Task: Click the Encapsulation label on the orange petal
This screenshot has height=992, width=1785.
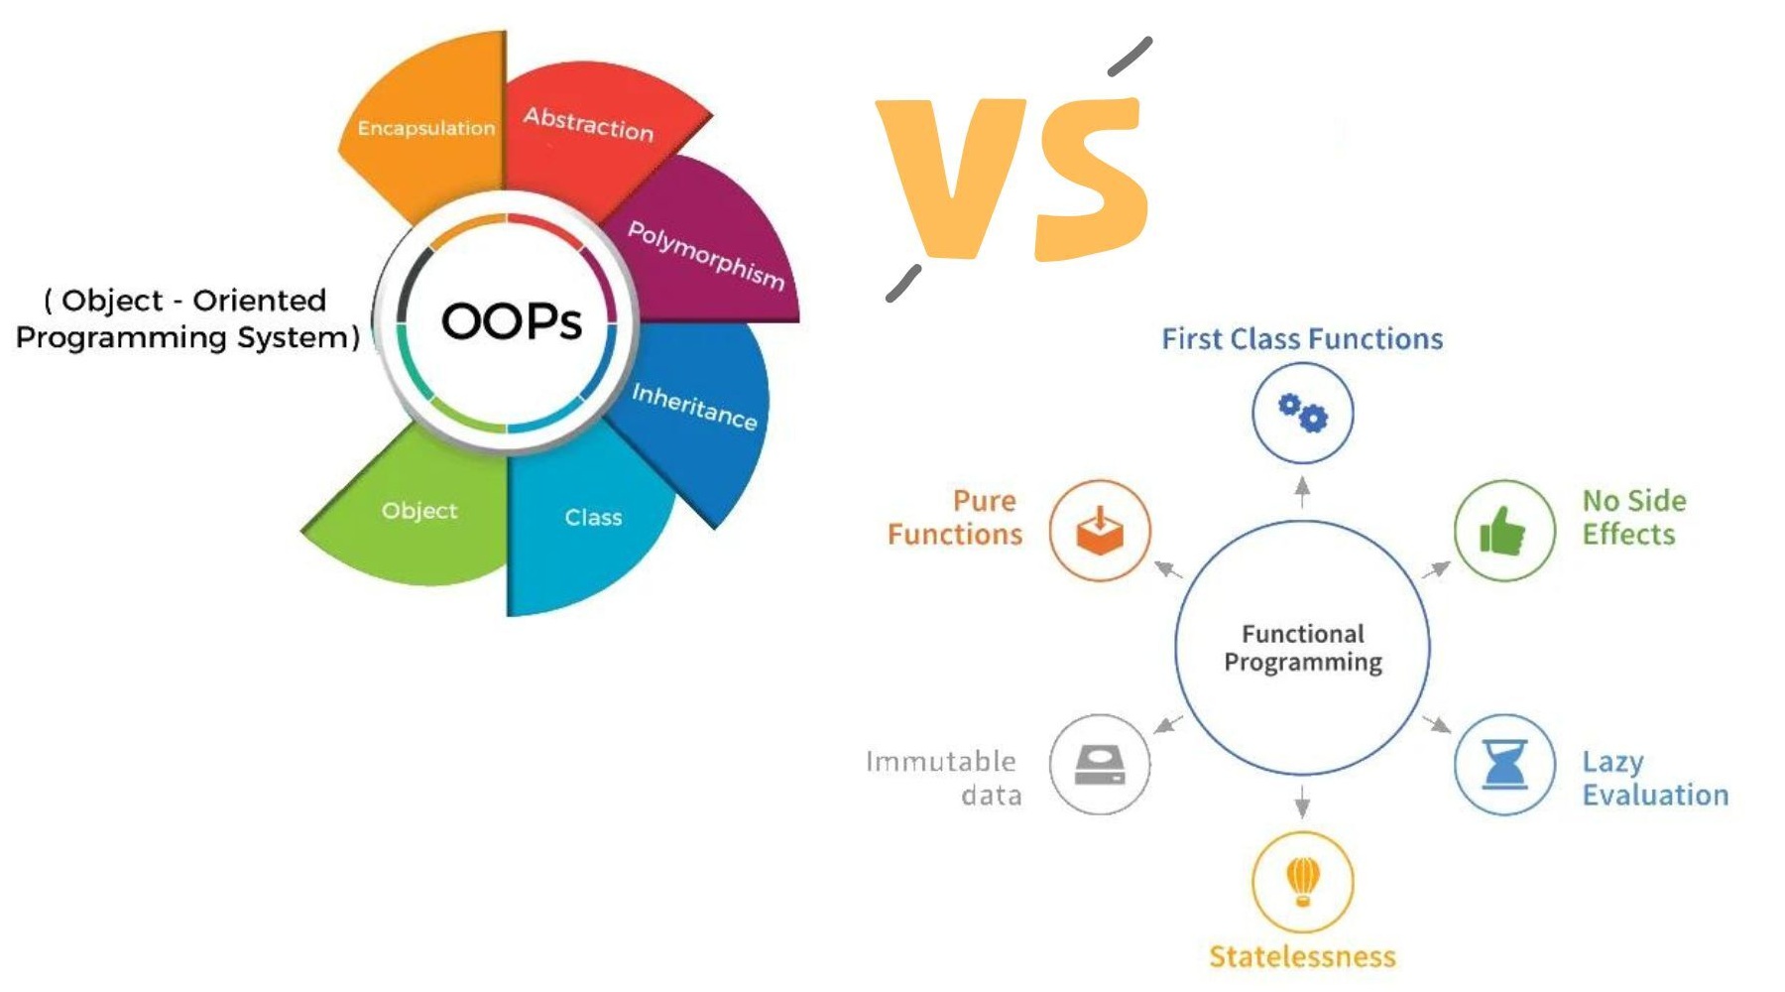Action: tap(426, 128)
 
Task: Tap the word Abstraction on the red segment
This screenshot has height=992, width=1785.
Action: tap(589, 124)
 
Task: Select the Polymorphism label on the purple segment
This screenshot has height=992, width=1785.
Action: tap(707, 256)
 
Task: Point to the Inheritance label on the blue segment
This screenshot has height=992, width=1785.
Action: tap(695, 407)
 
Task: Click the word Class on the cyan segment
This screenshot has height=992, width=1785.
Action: tap(593, 518)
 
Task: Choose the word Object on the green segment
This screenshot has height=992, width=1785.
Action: tap(419, 511)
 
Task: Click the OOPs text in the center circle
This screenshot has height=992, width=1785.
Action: tap(512, 321)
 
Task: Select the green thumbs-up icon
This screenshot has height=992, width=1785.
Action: tap(1502, 531)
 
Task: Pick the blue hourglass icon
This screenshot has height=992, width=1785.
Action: tap(1504, 764)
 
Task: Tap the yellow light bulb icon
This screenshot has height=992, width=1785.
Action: tap(1303, 881)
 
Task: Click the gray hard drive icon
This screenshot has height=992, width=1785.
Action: tap(1100, 765)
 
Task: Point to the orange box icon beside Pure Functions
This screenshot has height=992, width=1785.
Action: tap(1100, 531)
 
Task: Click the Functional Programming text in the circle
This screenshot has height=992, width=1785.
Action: tap(1303, 648)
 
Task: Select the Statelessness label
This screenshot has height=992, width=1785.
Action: tap(1302, 956)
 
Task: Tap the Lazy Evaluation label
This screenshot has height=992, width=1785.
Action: tap(1655, 778)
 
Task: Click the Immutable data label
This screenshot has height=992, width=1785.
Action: tap(942, 778)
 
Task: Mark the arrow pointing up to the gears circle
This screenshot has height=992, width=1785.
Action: tap(1303, 492)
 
